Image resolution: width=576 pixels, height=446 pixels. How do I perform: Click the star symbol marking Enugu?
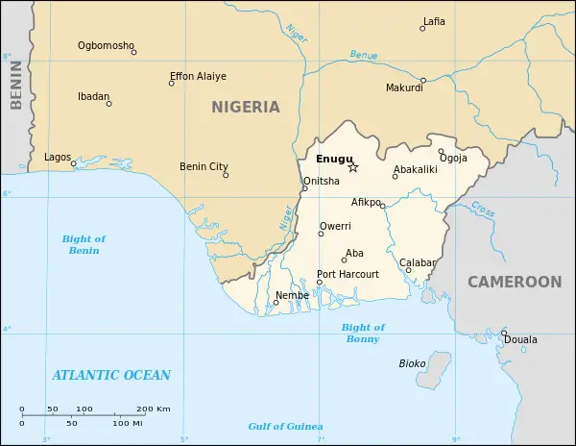353,167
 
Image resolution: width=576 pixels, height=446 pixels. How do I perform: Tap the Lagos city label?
58,157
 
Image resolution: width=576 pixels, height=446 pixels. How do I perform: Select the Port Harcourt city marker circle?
320,283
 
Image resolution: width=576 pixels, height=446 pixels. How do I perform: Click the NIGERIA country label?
246,107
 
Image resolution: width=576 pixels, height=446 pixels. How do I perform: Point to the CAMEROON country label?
514,282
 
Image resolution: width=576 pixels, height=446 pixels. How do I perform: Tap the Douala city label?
520,340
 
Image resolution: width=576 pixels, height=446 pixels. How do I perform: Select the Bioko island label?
412,363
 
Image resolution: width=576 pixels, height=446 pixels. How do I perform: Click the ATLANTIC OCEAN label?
111,375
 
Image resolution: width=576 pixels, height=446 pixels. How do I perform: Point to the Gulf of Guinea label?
285,426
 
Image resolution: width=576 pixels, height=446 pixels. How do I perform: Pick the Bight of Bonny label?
363,334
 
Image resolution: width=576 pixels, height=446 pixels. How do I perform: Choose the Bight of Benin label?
84,244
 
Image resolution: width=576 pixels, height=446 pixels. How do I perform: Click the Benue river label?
364,55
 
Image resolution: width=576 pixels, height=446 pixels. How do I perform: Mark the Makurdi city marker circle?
422,81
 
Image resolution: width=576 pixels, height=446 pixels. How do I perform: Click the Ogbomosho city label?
106,45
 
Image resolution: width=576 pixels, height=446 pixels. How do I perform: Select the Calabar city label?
418,262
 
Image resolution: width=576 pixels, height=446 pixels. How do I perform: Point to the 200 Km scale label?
153,409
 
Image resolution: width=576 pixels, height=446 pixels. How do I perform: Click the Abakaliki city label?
415,168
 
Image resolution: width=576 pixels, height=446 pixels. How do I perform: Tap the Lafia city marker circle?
422,29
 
